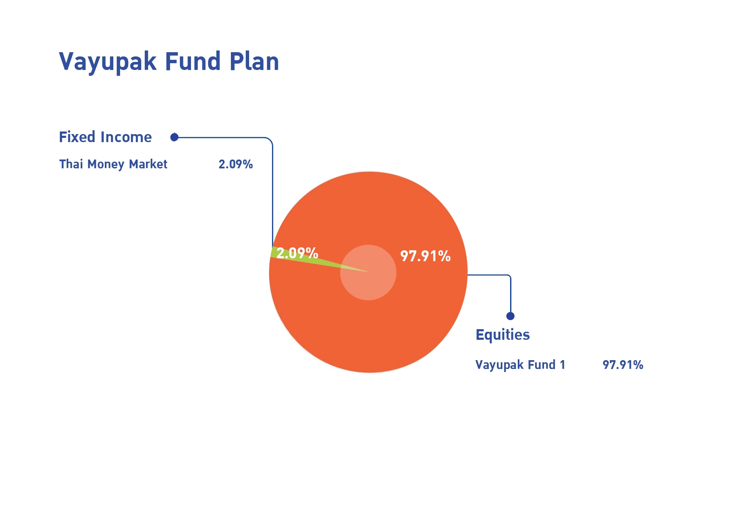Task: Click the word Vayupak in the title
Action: [x=108, y=62]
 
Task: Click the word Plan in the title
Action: [x=254, y=62]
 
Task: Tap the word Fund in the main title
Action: [x=193, y=62]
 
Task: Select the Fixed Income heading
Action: [x=105, y=137]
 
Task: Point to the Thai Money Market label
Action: [x=113, y=164]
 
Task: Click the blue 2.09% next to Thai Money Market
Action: [x=236, y=164]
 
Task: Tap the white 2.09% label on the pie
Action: [x=297, y=253]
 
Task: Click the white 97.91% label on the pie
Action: [x=425, y=256]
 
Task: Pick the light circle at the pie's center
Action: [x=368, y=272]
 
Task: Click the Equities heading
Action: [x=502, y=335]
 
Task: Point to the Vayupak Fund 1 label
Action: [x=520, y=365]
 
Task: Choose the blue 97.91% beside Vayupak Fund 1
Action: [x=623, y=365]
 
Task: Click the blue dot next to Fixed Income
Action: [x=174, y=137]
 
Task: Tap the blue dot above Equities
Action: [x=511, y=316]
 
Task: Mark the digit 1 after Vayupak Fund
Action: [x=563, y=365]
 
